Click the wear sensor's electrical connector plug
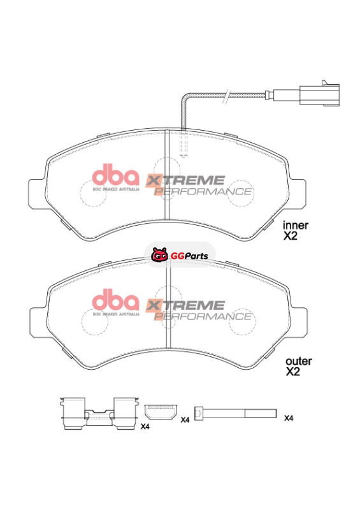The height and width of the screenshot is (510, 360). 319,94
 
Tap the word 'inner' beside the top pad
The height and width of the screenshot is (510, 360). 295,225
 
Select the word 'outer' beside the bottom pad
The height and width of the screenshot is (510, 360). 299,361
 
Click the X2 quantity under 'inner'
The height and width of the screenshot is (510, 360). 290,236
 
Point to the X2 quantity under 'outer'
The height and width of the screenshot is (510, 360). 292,372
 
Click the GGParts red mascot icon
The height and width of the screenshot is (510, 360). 159,254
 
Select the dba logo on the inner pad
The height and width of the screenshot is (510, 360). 115,177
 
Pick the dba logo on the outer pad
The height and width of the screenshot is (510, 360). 115,302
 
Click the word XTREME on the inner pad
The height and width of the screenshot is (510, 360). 185,180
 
